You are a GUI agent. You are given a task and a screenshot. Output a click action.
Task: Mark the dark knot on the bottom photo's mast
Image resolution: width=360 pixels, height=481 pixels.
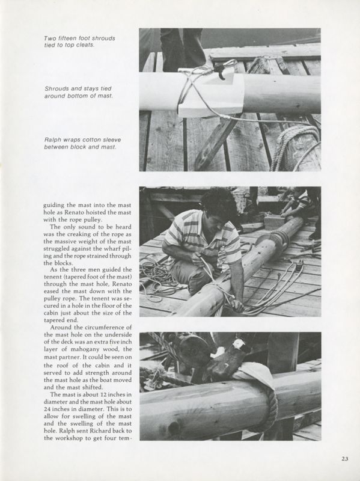click(175, 429)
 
